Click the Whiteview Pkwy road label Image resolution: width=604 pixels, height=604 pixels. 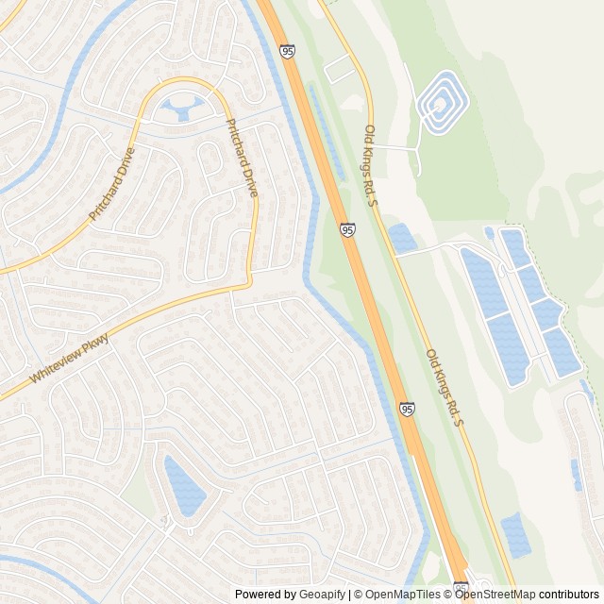coord(69,361)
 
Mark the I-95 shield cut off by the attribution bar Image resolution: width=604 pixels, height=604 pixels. coord(461,588)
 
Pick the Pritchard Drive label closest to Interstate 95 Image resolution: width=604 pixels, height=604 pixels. coord(242,158)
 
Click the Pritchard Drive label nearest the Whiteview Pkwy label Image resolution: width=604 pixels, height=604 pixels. coord(112,185)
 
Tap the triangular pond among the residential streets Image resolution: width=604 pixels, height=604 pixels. coord(183,485)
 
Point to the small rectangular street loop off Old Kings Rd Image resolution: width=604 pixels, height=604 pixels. coord(337,69)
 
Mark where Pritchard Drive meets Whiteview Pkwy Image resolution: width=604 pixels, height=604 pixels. coord(249,280)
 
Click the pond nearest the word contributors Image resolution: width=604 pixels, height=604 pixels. coord(515,536)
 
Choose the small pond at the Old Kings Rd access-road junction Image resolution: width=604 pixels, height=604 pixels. coord(403,238)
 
